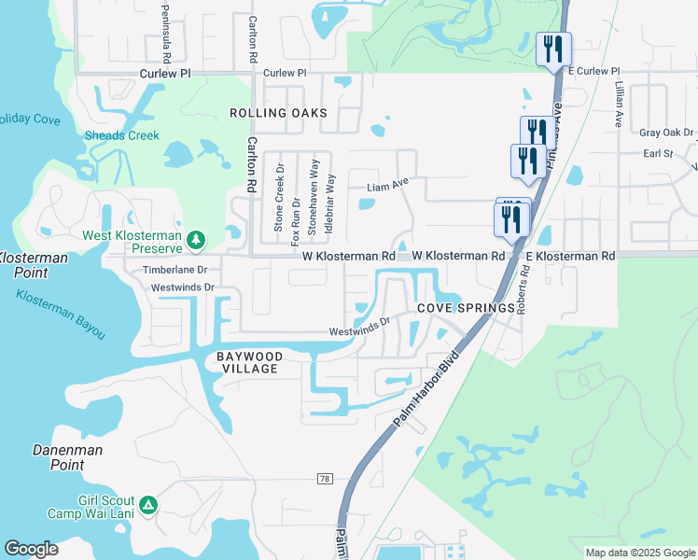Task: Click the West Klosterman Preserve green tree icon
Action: [196, 241]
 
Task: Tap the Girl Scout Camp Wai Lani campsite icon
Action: [148, 507]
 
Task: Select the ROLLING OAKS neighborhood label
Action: [278, 113]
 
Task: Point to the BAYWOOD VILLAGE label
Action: [247, 362]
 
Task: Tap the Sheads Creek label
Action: [122, 135]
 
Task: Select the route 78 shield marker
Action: [325, 479]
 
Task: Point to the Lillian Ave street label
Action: [619, 104]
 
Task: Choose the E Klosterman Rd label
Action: [570, 256]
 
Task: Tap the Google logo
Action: [32, 549]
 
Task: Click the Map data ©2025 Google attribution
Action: [640, 553]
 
